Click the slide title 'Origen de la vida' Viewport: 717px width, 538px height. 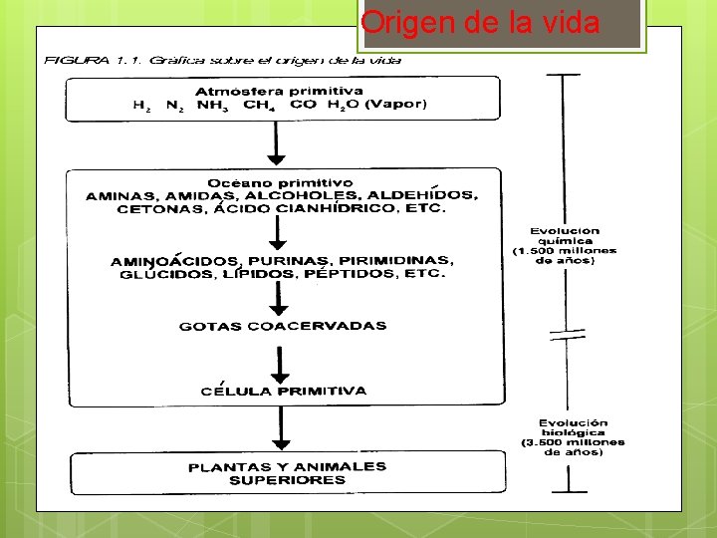(x=480, y=23)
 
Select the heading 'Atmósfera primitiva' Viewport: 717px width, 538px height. (x=279, y=92)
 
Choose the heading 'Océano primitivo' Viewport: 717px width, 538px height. (x=280, y=182)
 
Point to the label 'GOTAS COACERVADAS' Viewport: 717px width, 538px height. (x=283, y=326)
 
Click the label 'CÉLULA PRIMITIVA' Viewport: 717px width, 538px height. (x=283, y=392)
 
